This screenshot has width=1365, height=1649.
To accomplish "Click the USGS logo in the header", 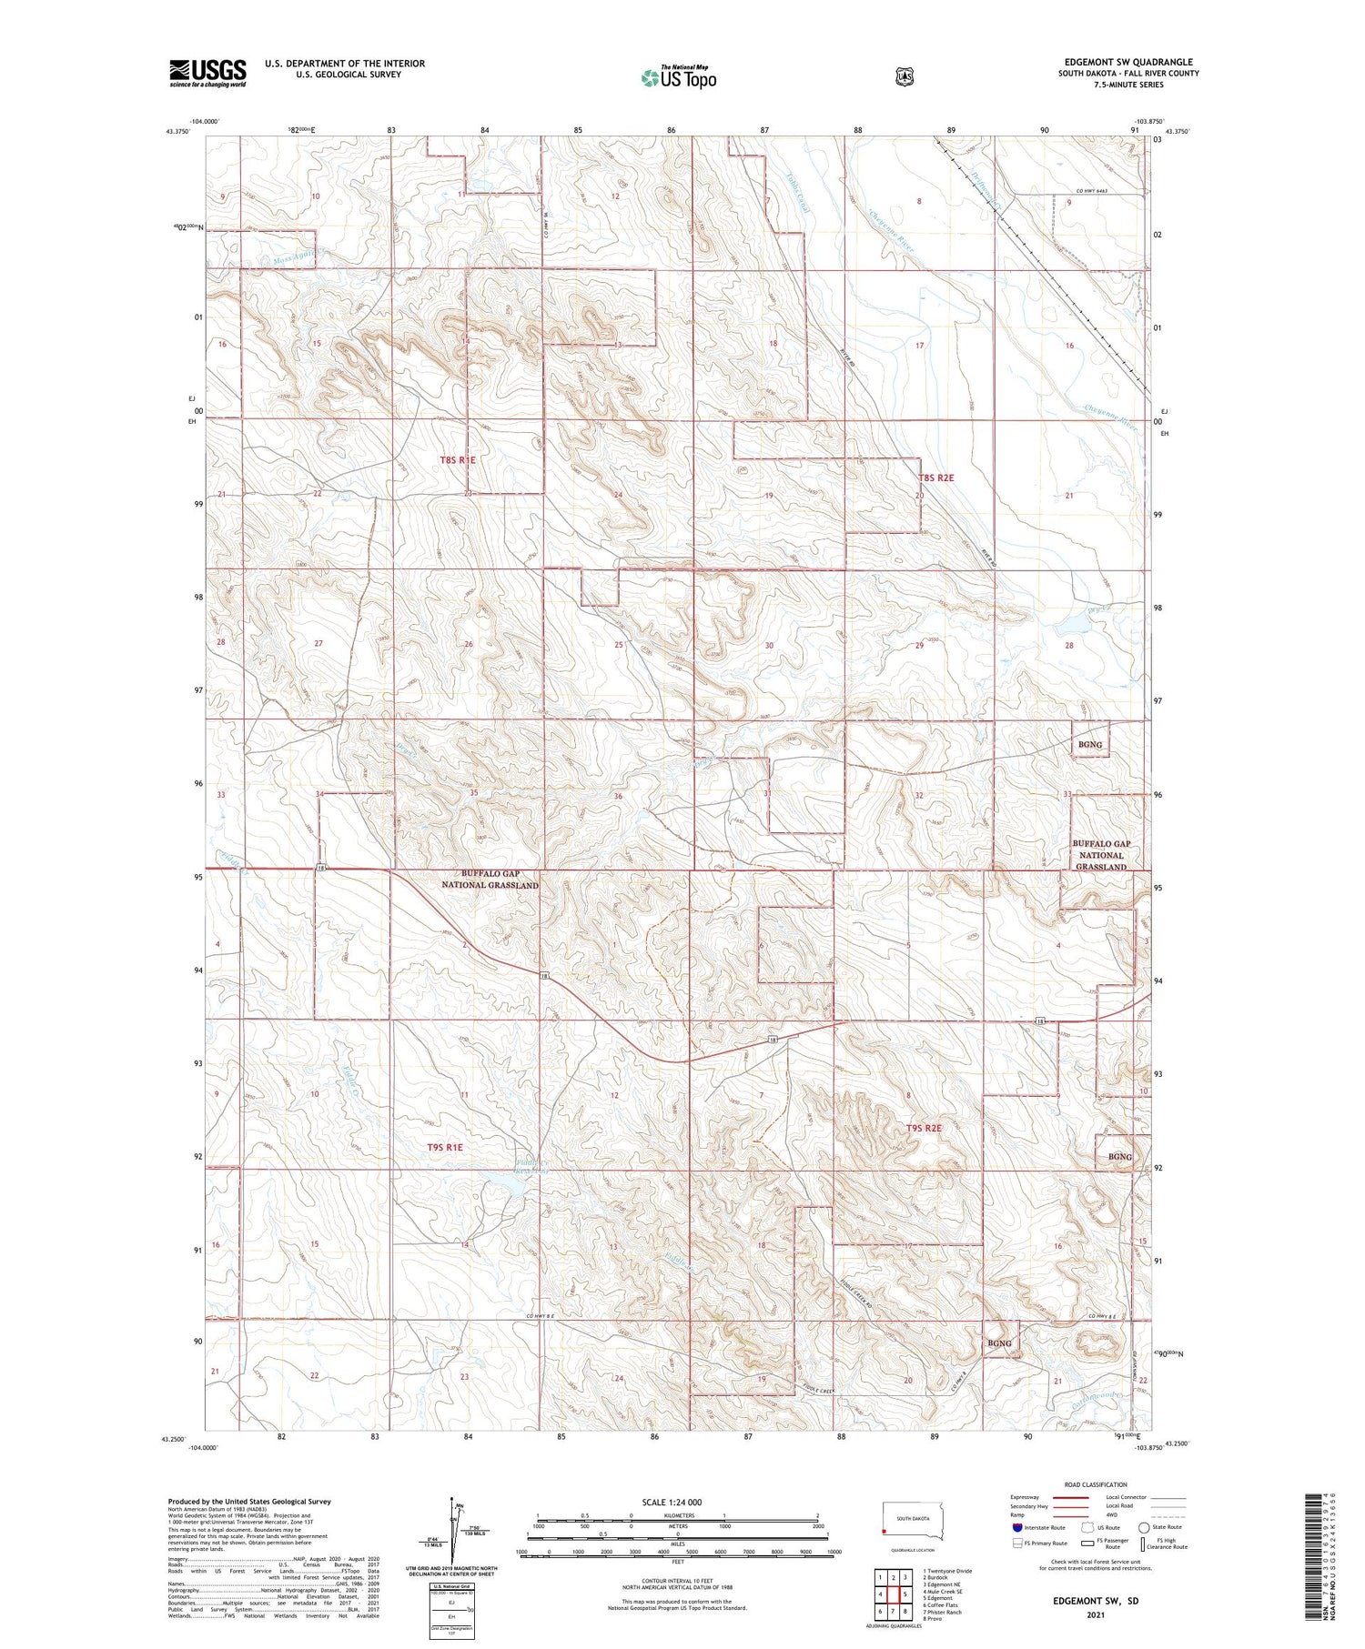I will point(207,73).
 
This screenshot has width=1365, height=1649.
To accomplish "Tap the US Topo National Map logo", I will point(678,77).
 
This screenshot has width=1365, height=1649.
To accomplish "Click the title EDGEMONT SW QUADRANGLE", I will point(1128,62).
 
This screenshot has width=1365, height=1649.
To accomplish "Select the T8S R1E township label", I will point(458,460).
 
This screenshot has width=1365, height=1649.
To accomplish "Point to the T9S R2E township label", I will point(924,1128).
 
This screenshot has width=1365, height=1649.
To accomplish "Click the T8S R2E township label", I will point(935,478).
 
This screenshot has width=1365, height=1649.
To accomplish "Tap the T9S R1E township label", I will point(445,1148).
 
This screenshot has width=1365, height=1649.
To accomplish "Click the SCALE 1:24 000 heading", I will point(672,1502).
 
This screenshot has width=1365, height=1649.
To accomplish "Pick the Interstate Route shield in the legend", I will point(1017,1527).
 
